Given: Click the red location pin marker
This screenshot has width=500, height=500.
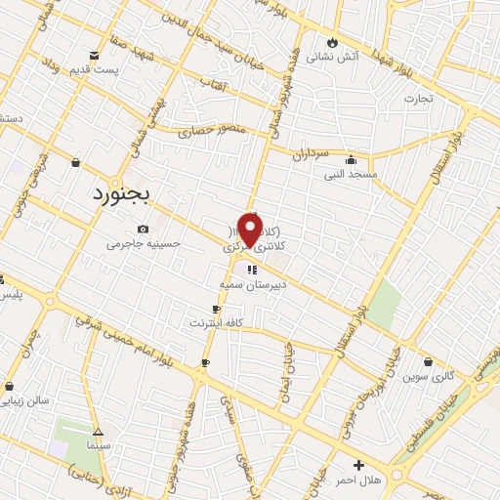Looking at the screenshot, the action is click(x=255, y=229).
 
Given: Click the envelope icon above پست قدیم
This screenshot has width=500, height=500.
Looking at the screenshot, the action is click(x=94, y=56).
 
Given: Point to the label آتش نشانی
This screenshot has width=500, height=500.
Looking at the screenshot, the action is click(x=333, y=58).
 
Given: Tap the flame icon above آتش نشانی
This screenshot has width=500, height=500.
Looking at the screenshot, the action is click(x=333, y=43).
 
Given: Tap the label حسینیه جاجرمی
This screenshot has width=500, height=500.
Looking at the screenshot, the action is click(x=144, y=243).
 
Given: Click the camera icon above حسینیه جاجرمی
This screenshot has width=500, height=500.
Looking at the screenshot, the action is click(x=144, y=229).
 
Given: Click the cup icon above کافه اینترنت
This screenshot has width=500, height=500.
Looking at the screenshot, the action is click(x=202, y=309).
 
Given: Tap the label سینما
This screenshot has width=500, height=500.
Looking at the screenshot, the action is click(x=98, y=445).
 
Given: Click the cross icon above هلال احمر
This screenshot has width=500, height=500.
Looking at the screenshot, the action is click(x=359, y=465).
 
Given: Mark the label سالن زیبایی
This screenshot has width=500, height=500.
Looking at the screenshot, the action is click(x=26, y=401).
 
